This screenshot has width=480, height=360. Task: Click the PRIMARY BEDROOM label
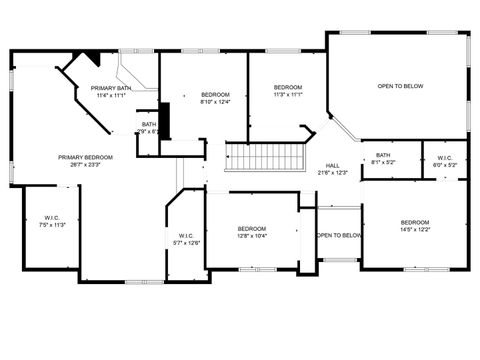85,157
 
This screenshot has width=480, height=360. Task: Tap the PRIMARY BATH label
110,89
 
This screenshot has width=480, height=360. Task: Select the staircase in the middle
263,157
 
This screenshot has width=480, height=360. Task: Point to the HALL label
332,166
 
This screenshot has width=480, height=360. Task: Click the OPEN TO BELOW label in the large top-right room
400,87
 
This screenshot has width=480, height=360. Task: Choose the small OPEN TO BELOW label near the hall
338,236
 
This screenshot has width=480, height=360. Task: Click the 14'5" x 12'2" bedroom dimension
414,230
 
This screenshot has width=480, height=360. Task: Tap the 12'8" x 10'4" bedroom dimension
251,236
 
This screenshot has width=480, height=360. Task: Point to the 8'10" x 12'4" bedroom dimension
215,102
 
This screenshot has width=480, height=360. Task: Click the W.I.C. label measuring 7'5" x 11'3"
52,225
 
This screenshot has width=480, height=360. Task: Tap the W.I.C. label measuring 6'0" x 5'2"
445,164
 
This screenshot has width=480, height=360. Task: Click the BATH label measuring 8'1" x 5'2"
383,155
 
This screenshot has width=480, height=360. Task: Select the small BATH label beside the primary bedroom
148,124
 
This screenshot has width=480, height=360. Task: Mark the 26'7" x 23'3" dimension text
85,164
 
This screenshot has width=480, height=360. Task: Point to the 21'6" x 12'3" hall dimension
332,173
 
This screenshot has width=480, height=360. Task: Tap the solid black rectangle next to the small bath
166,121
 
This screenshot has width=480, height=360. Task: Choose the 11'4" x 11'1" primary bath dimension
110,96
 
